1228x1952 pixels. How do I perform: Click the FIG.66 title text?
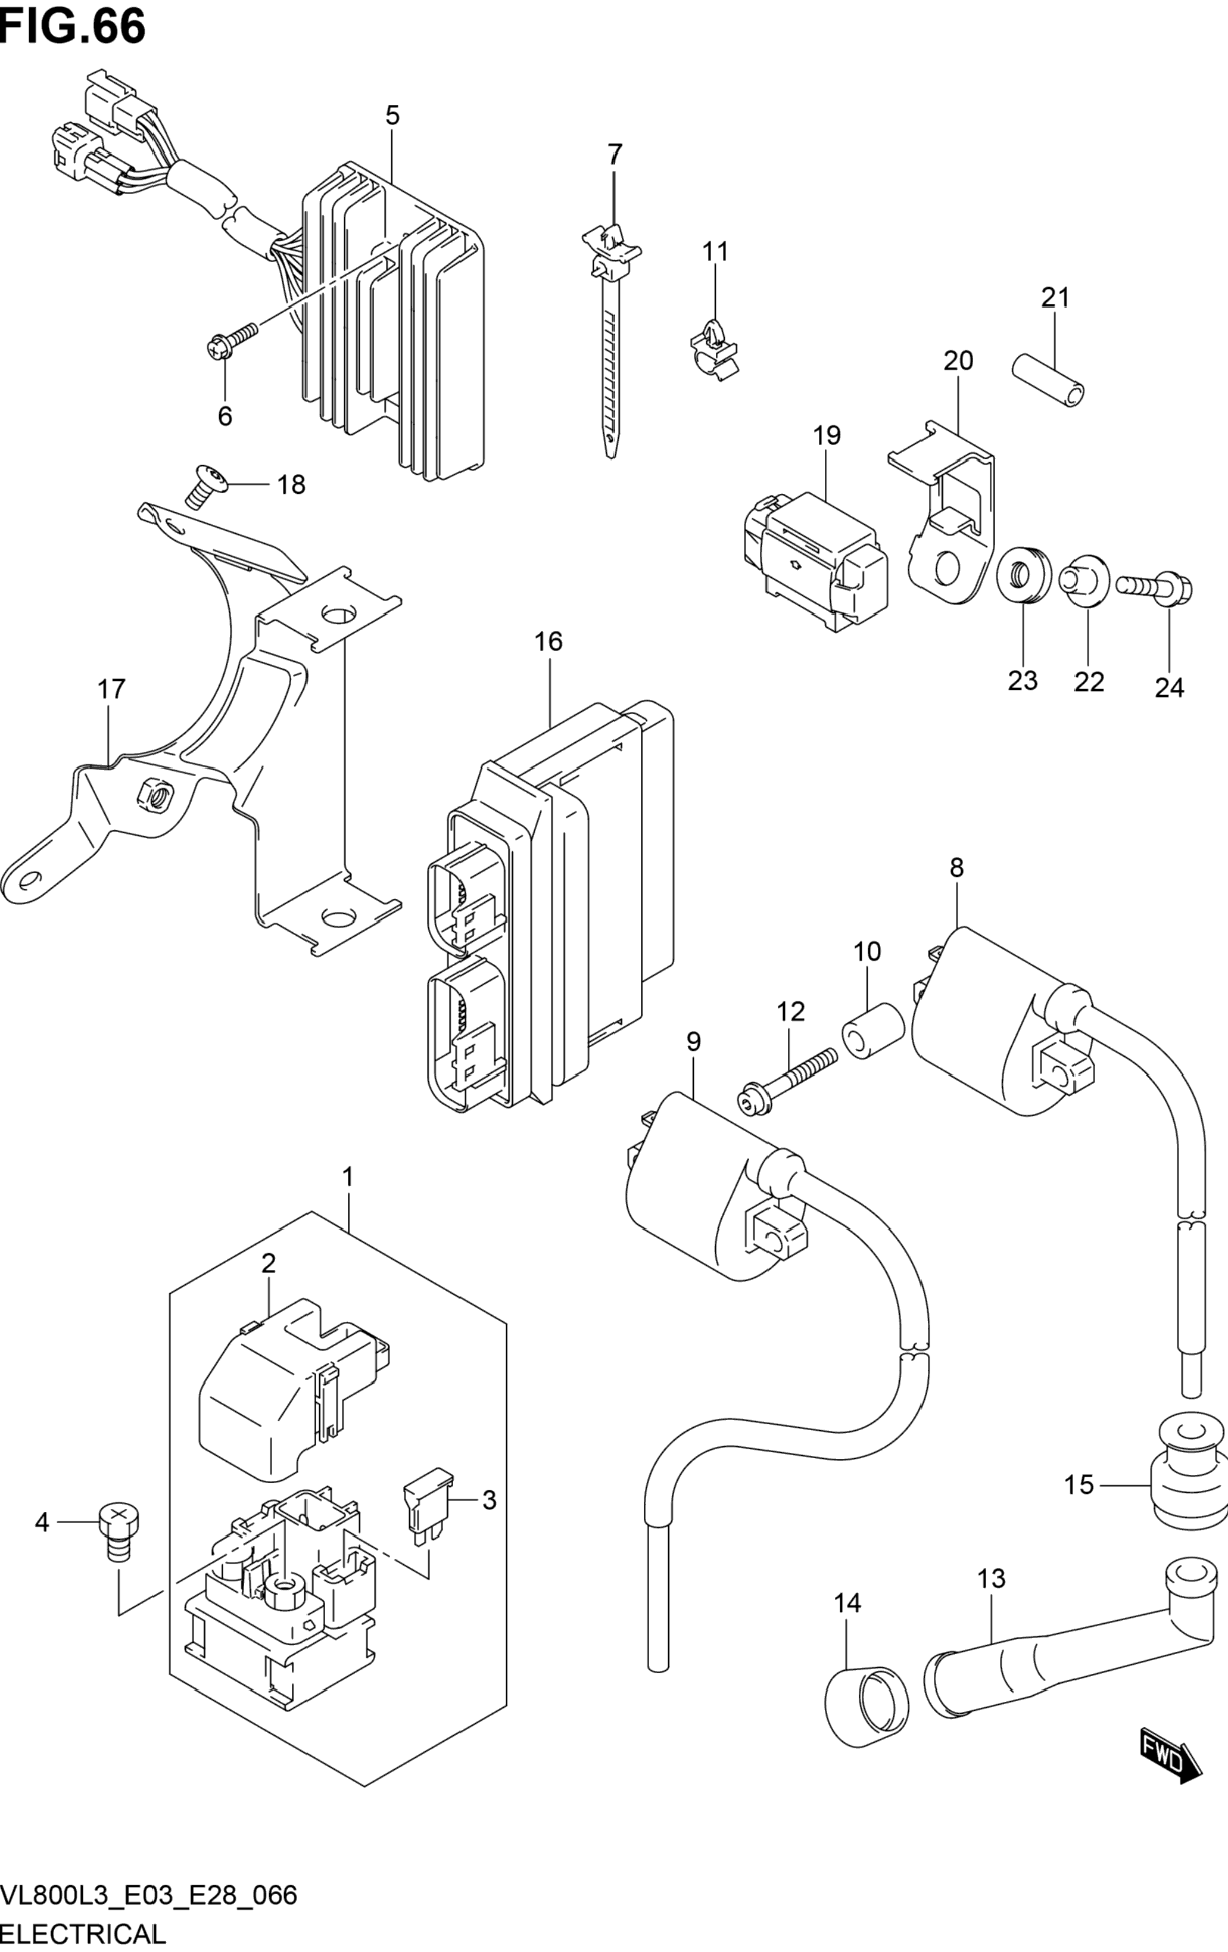(x=73, y=26)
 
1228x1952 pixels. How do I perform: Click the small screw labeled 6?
(x=232, y=341)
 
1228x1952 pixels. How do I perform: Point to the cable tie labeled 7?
(x=610, y=341)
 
